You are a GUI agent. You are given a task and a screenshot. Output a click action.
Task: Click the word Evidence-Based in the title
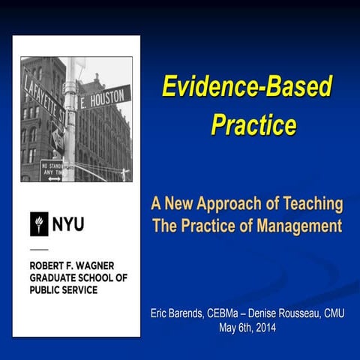(247, 87)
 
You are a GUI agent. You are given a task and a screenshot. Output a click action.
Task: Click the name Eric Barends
(180, 312)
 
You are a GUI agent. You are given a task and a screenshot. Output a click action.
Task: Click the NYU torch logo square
(39, 223)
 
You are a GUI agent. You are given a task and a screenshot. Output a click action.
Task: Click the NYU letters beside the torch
(67, 223)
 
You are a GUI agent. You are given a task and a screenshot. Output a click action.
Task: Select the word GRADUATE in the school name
(57, 277)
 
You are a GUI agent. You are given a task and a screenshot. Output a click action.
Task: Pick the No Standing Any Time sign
(52, 169)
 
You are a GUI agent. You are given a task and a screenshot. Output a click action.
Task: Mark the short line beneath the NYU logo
(39, 248)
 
